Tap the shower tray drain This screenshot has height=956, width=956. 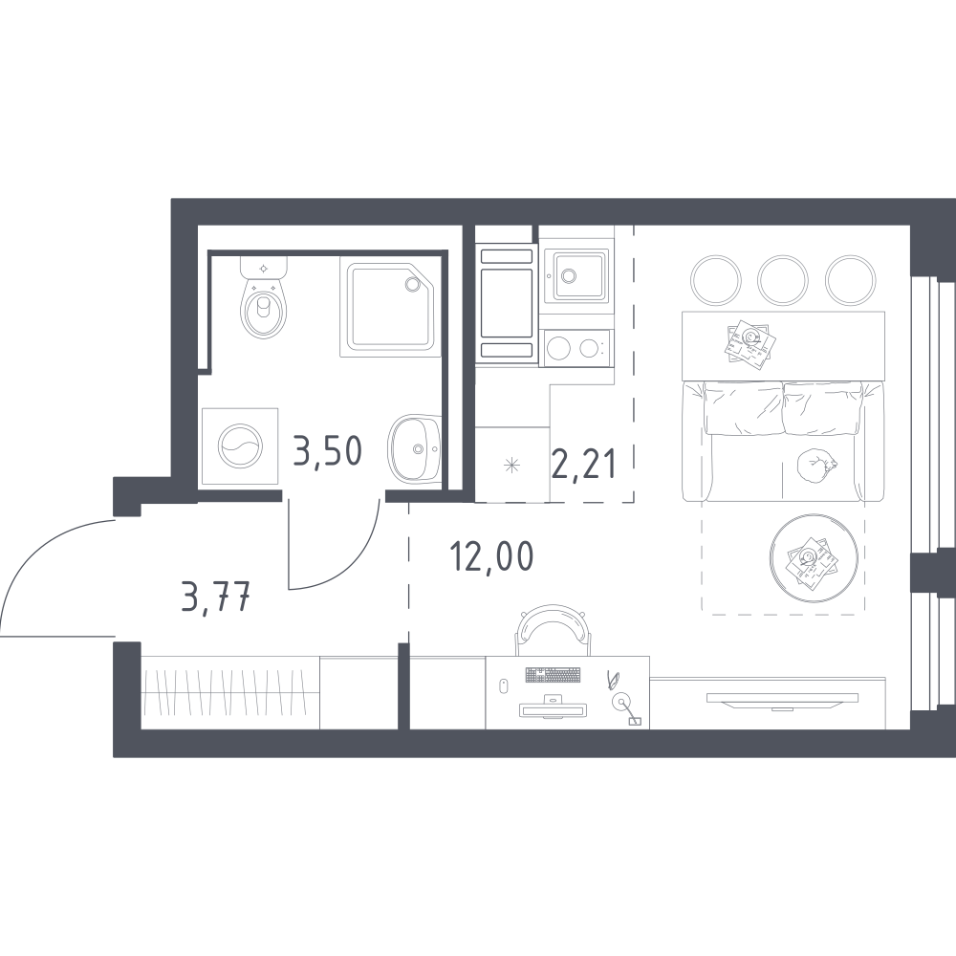(412, 284)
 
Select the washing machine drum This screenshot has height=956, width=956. (240, 445)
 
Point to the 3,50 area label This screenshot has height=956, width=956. (327, 451)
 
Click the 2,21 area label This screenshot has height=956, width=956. (583, 464)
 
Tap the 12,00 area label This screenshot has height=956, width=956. (491, 556)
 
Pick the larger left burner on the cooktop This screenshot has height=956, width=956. (558, 349)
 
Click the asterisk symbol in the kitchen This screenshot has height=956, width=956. (511, 467)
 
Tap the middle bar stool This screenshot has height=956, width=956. (783, 280)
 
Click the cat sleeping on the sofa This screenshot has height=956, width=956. (815, 466)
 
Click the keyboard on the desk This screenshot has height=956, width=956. (553, 674)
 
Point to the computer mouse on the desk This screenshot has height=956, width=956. (504, 685)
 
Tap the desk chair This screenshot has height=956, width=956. (554, 629)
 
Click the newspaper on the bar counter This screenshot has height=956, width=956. (750, 344)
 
